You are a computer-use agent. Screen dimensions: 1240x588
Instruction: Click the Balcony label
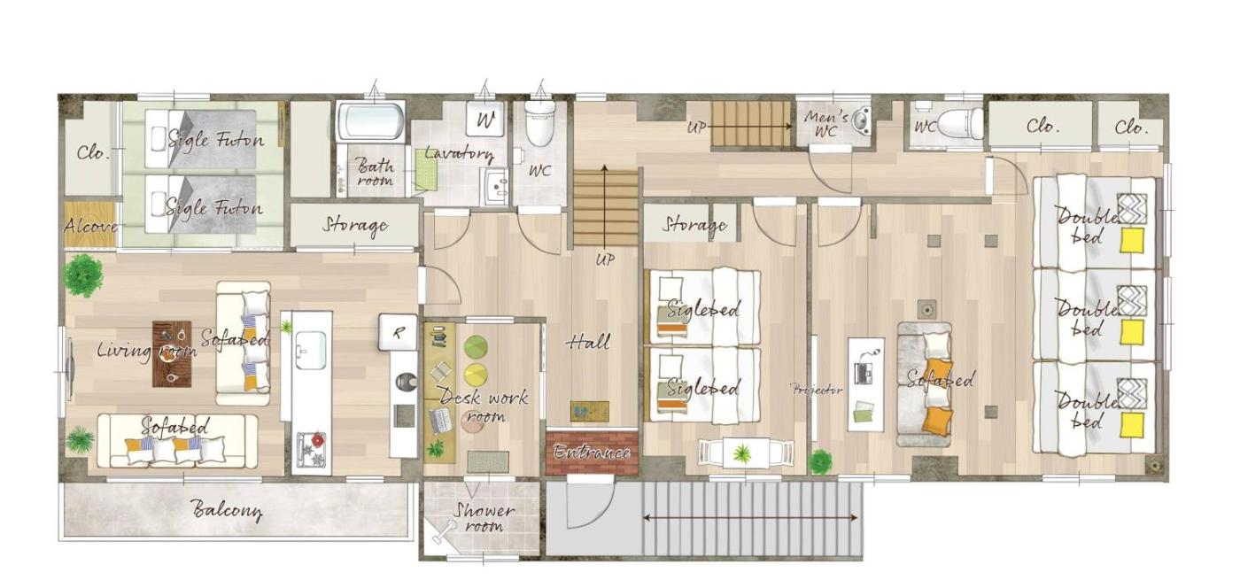[x=227, y=510]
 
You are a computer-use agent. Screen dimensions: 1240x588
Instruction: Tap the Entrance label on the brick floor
[x=592, y=453]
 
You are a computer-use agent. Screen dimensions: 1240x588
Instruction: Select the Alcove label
[x=90, y=225]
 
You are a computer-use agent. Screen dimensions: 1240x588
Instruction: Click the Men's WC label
[x=825, y=124]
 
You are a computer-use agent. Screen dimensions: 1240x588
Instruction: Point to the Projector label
[x=817, y=390]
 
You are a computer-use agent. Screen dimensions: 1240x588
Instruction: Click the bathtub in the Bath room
[x=370, y=120]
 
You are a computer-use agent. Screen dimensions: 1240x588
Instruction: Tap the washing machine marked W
[x=484, y=119]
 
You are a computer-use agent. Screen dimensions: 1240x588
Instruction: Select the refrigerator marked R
[x=398, y=332]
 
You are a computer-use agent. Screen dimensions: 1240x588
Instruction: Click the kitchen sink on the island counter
[x=312, y=350]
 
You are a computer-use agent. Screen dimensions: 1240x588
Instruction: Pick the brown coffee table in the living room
[x=172, y=353]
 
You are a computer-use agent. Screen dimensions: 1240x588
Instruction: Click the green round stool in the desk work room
[x=476, y=347]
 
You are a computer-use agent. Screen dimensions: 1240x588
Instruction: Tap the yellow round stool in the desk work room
[x=476, y=375]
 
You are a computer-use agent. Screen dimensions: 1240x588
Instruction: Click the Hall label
[x=588, y=342]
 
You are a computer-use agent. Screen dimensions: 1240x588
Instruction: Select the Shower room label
[x=484, y=517]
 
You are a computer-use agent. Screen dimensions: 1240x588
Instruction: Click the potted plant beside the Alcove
[x=82, y=275]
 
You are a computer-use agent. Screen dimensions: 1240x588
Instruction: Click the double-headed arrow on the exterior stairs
[x=750, y=518]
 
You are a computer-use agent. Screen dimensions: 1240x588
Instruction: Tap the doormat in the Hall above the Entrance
[x=590, y=412]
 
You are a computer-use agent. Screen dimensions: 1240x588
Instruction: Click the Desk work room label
[x=484, y=406]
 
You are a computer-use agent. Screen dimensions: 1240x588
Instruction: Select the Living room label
[x=147, y=350]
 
